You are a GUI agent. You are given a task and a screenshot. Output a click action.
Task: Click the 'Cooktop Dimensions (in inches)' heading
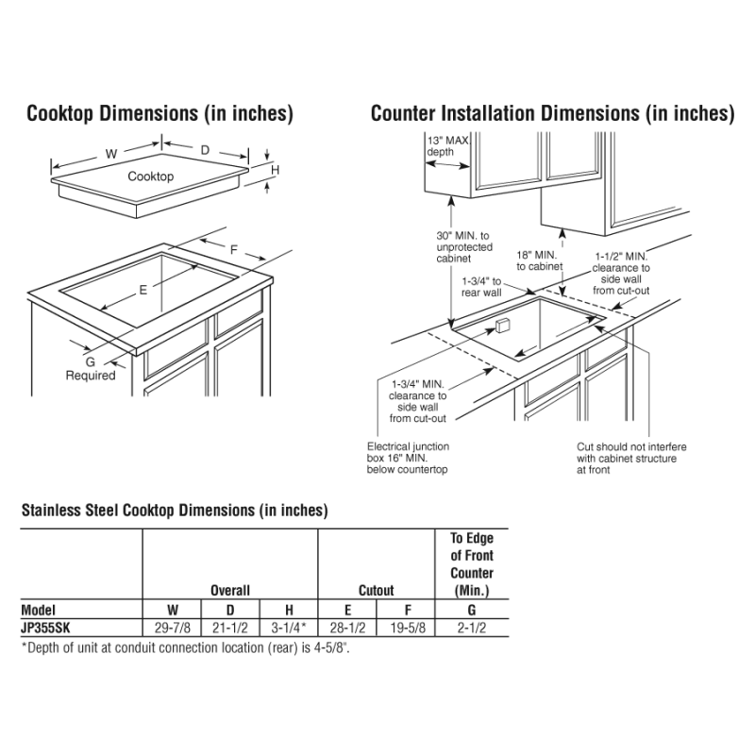[159, 114]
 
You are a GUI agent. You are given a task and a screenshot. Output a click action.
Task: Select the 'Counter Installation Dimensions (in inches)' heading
[552, 114]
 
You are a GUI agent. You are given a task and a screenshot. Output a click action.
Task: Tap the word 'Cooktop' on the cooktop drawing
[151, 176]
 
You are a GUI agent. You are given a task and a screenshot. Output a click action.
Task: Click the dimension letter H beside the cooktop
[276, 170]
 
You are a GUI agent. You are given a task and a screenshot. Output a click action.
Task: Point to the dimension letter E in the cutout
[143, 291]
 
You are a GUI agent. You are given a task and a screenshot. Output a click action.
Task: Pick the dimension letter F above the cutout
[233, 249]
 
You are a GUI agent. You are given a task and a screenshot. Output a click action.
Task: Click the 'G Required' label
[91, 368]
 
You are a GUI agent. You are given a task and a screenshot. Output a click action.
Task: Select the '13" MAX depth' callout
[446, 145]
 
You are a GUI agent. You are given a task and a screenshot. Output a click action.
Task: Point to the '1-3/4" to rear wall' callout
[482, 287]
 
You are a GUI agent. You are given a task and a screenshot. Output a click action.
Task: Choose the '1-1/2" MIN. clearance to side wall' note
[620, 274]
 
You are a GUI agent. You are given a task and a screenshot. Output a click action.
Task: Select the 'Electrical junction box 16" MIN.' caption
[408, 458]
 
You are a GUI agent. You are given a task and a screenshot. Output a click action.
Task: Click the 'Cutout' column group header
[376, 591]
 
